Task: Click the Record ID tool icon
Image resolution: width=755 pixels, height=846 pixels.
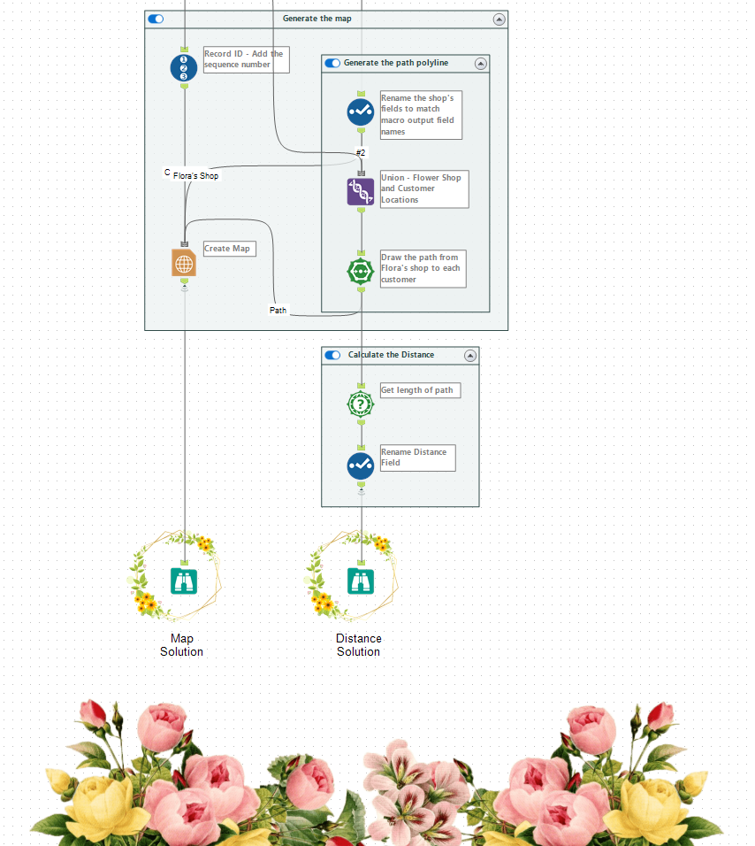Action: pyautogui.click(x=184, y=68)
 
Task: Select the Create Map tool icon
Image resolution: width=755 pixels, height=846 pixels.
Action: pyautogui.click(x=184, y=263)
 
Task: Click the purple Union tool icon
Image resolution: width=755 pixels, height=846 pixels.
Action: pyautogui.click(x=361, y=192)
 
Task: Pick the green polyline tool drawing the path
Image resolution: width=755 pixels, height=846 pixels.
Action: pyautogui.click(x=361, y=271)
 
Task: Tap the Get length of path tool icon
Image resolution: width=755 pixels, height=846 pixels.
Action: pyautogui.click(x=361, y=404)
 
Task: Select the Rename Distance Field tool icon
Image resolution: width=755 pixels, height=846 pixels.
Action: pyautogui.click(x=361, y=465)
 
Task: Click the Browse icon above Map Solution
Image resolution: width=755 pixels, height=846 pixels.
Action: pyautogui.click(x=184, y=581)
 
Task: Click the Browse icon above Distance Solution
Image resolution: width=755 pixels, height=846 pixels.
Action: pyautogui.click(x=361, y=581)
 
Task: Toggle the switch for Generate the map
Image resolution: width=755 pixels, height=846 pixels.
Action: pyautogui.click(x=156, y=19)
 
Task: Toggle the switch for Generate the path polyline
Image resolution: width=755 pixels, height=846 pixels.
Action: pyautogui.click(x=332, y=63)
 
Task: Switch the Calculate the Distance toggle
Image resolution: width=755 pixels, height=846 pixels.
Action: pyautogui.click(x=332, y=355)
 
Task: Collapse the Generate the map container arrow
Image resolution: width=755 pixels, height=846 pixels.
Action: pyautogui.click(x=499, y=19)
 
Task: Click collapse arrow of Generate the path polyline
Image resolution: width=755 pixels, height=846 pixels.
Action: pyautogui.click(x=480, y=63)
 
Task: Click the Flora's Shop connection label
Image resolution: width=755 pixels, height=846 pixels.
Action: pyautogui.click(x=195, y=176)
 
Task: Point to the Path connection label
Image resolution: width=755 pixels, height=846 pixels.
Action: pyautogui.click(x=278, y=311)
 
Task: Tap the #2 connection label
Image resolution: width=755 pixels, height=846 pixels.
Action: pyautogui.click(x=361, y=152)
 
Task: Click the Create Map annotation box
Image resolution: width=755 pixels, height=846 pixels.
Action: pyautogui.click(x=228, y=249)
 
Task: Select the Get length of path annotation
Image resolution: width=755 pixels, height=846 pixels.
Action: pyautogui.click(x=420, y=390)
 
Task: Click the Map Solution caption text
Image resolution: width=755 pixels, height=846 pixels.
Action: pyautogui.click(x=181, y=645)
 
